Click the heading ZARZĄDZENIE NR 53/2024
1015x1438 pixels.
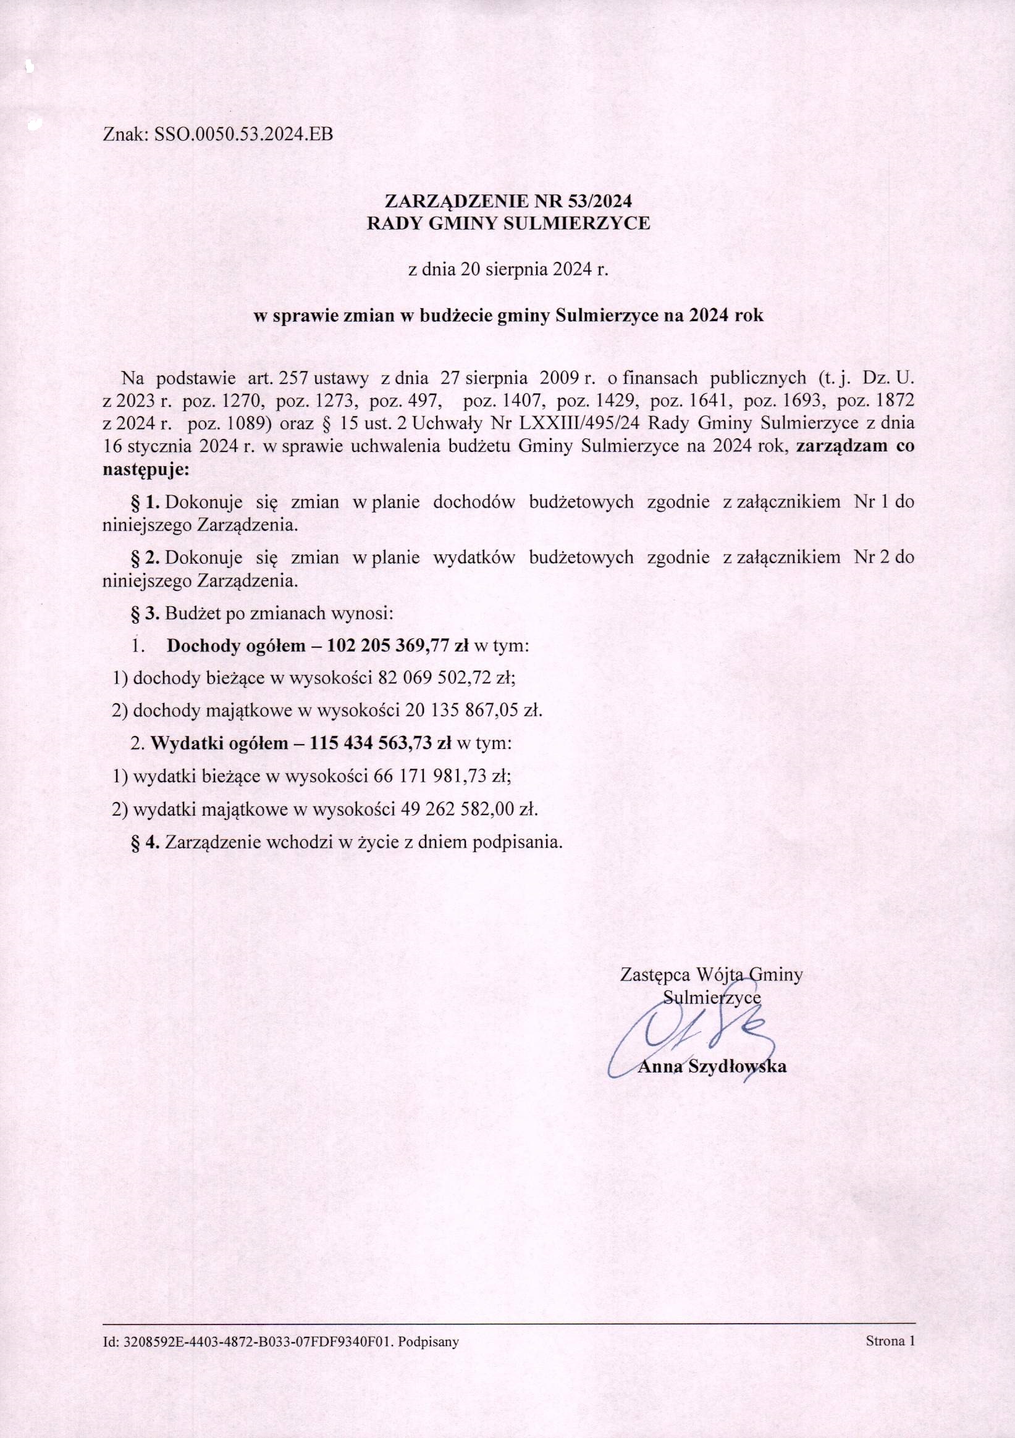(508, 202)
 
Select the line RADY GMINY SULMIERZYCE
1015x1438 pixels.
(508, 224)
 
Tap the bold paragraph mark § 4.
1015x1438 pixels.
(145, 842)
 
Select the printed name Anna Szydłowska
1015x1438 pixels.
(712, 1066)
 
